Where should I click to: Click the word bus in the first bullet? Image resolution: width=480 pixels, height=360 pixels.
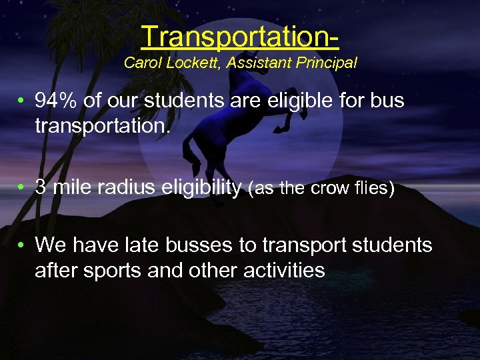coord(388,101)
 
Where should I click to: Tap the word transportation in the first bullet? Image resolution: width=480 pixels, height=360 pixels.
coord(103,126)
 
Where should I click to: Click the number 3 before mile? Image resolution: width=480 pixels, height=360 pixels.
coord(41,188)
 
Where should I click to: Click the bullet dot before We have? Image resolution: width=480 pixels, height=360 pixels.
coord(22,245)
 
